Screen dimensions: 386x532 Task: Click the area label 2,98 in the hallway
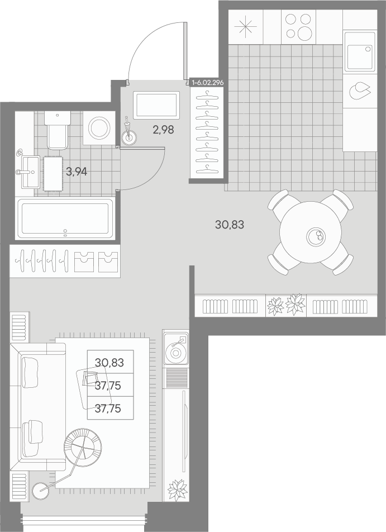[164, 130]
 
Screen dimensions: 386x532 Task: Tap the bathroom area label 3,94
[77, 172]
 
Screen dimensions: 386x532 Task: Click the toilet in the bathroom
[57, 130]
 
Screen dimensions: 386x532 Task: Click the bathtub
[65, 218]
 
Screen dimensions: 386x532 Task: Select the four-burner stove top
[298, 26]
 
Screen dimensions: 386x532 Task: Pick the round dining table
[311, 232]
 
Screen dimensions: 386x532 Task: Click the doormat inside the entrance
[156, 105]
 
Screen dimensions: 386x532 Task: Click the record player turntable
[175, 349]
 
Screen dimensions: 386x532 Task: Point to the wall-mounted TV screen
[184, 431]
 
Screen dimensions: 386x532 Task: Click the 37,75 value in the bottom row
[108, 408]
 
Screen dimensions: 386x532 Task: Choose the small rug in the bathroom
[53, 173]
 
